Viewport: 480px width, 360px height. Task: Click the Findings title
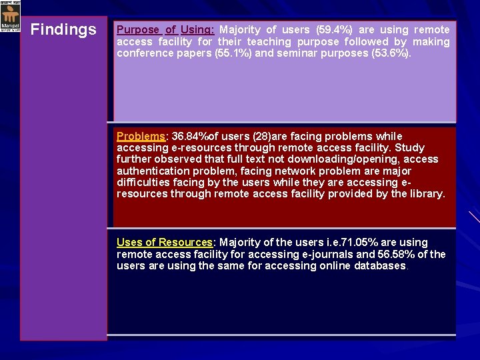tap(63, 30)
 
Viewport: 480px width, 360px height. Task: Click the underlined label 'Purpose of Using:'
tap(165, 30)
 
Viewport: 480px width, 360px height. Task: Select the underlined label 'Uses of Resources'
tap(164, 243)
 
